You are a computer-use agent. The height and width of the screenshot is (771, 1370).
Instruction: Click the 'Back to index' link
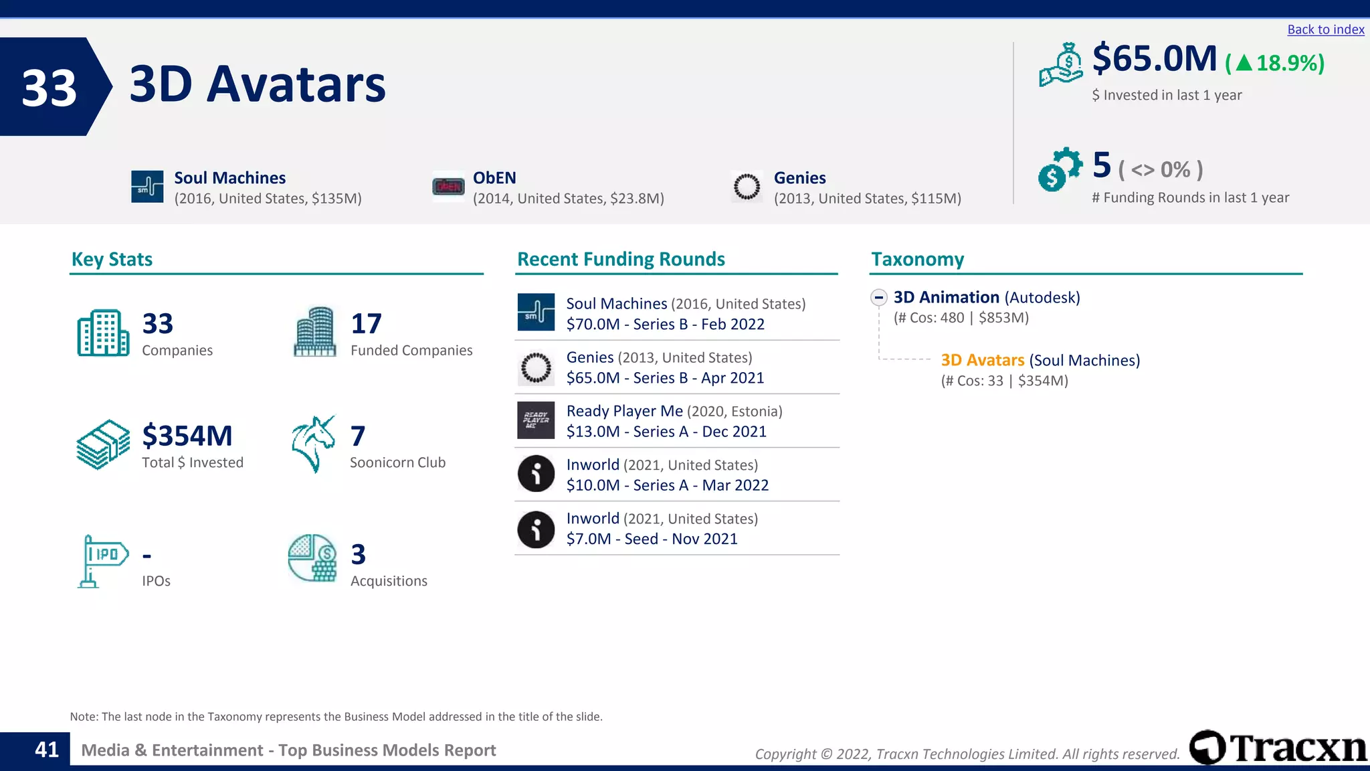pos(1325,29)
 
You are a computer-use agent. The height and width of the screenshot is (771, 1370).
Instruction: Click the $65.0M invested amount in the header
pos(1154,58)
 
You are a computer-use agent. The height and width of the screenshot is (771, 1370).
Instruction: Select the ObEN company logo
pos(448,187)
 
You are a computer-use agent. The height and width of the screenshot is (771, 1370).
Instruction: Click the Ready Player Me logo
pos(536,420)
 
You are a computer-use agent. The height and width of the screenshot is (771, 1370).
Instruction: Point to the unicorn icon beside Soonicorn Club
pos(313,444)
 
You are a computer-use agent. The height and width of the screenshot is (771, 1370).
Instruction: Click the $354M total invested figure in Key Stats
pos(187,436)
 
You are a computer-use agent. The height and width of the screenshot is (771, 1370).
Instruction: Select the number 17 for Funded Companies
pos(366,324)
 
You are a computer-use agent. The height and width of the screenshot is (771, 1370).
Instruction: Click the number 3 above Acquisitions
pos(359,554)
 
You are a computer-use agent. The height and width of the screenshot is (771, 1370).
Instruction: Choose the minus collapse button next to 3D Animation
pos(879,297)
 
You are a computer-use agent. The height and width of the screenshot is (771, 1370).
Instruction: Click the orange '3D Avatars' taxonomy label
pos(982,360)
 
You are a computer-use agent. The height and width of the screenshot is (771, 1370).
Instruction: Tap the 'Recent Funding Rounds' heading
pos(621,259)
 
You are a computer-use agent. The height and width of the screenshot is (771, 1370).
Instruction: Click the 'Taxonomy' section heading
pos(917,259)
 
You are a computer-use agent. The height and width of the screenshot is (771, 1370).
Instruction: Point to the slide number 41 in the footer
pos(47,750)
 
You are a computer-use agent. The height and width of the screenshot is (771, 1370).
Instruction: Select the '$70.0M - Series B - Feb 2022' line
pos(665,324)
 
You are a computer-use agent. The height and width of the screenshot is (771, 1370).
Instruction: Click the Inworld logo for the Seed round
pos(536,529)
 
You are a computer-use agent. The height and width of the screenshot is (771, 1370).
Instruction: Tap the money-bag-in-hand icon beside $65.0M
pos(1061,65)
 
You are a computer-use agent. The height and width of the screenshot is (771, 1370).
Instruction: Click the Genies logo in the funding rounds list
pos(536,367)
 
